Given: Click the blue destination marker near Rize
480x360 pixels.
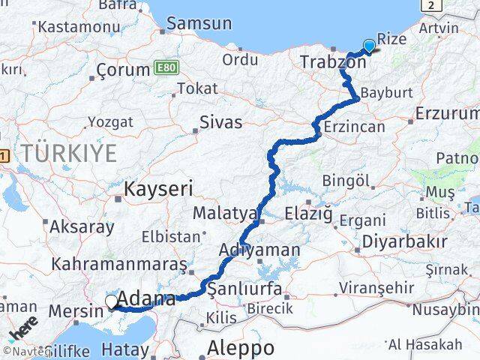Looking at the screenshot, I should tap(368, 45).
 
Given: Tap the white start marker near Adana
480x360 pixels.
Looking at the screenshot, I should tap(112, 301).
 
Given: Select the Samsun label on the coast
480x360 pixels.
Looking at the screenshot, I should tap(199, 24).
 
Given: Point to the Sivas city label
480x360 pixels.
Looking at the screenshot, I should tap(221, 121).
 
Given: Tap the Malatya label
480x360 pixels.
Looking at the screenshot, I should tap(225, 213).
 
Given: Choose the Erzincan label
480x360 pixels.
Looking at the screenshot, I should tap(355, 127).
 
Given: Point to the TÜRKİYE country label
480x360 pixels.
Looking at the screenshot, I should tap(68, 153).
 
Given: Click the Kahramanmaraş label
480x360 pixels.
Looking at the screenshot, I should tap(118, 265).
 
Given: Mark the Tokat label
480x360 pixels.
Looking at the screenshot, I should tap(197, 88).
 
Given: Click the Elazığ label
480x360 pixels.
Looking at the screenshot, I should tap(308, 214).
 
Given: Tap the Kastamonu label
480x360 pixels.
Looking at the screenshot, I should tap(74, 26).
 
